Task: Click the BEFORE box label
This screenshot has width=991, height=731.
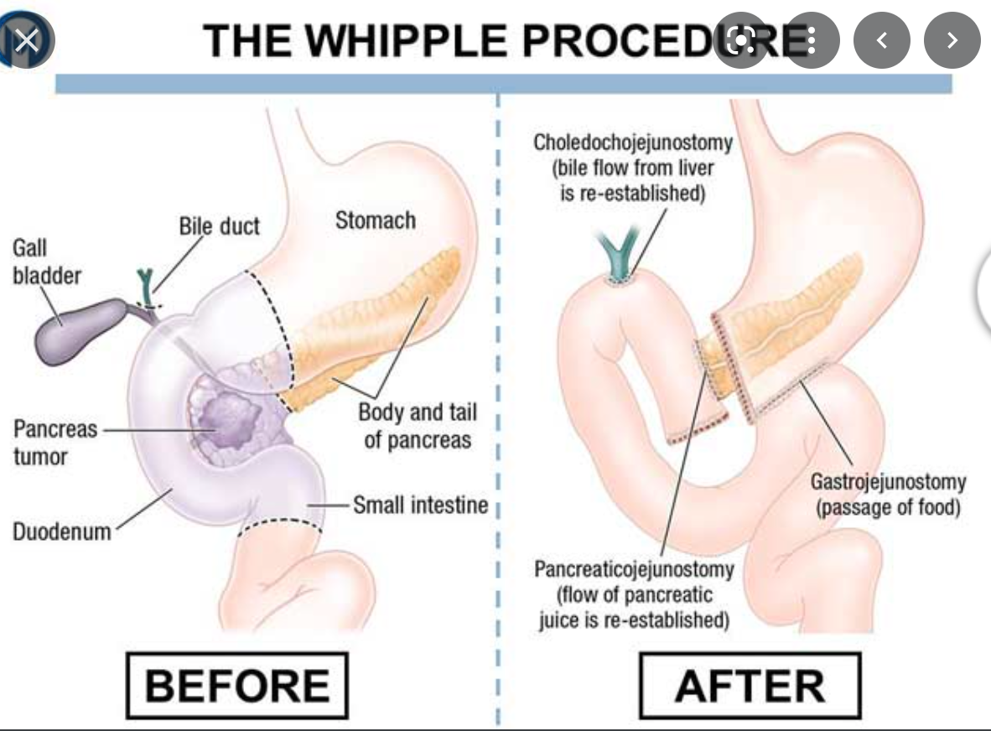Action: tap(236, 685)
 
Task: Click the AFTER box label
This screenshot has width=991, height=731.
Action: tap(750, 687)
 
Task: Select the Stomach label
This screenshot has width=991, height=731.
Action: tap(375, 220)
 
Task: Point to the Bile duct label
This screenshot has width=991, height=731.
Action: tap(219, 226)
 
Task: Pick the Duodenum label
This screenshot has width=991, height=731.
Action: tap(61, 531)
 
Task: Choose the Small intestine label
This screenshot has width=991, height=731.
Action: tap(420, 505)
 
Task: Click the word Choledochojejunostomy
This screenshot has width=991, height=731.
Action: tap(633, 142)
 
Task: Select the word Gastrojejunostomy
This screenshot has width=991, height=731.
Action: tap(888, 482)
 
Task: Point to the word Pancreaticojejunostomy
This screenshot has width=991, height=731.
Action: tap(634, 569)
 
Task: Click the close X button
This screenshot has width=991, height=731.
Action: tap(28, 39)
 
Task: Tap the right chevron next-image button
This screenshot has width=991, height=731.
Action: tap(952, 39)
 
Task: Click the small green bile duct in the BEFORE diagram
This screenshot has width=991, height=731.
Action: tap(146, 288)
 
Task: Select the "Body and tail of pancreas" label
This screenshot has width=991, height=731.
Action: tap(418, 425)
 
